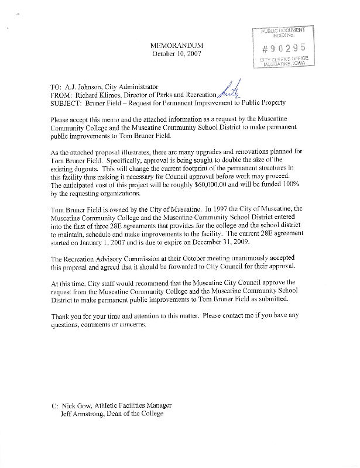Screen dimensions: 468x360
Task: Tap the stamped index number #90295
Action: (284, 47)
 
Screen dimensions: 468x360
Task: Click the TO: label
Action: (59, 87)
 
